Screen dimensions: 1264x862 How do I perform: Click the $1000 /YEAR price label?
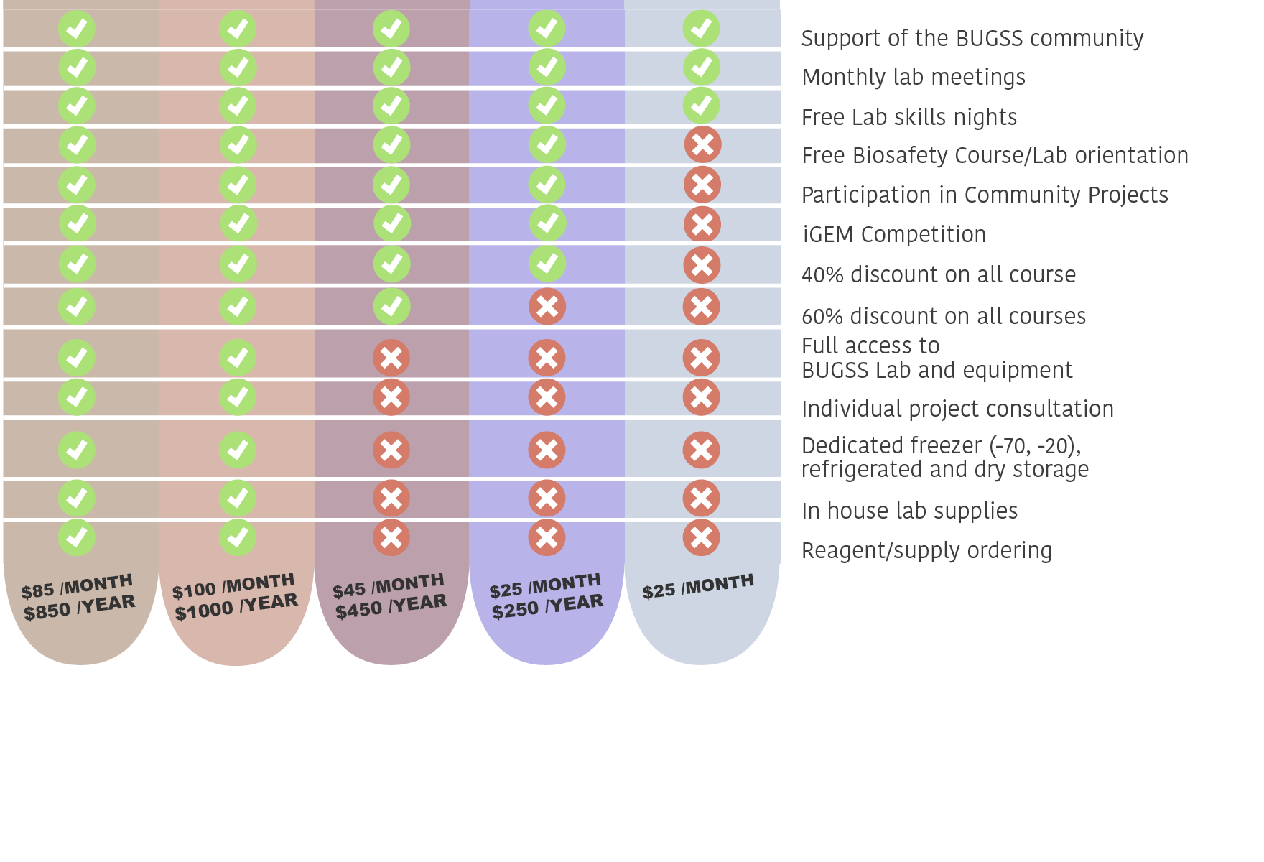click(236, 607)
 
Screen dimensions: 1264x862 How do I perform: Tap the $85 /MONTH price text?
click(77, 586)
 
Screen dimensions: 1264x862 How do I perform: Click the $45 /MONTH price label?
click(389, 585)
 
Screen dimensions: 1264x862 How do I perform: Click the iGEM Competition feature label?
click(894, 234)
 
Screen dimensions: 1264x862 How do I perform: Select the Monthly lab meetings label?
click(914, 77)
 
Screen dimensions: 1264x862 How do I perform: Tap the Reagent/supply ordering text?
click(926, 550)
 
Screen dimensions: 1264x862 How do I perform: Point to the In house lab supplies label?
click(909, 511)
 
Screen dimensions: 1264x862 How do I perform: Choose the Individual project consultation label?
click(957, 409)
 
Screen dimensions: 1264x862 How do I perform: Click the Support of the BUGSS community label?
click(972, 38)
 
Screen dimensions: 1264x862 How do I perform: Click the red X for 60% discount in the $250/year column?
click(547, 307)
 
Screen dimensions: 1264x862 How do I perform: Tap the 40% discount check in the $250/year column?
click(547, 264)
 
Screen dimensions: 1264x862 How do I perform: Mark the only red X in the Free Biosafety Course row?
click(702, 144)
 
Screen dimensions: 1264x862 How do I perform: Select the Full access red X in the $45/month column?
click(391, 358)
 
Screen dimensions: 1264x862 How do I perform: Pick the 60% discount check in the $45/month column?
click(391, 307)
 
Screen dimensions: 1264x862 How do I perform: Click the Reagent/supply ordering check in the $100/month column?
click(238, 537)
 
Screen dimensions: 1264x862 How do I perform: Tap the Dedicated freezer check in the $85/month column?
click(77, 450)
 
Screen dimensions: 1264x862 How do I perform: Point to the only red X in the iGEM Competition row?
click(702, 224)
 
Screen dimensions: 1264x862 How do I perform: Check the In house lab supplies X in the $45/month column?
click(391, 498)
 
